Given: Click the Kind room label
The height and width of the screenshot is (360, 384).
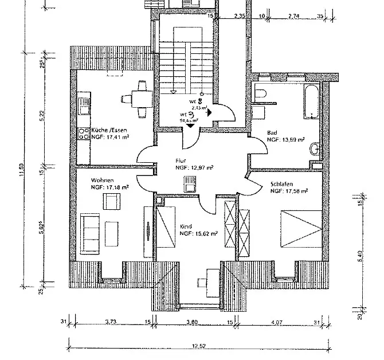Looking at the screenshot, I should point(185,226).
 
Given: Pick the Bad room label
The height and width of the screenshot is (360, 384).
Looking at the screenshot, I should point(272,132).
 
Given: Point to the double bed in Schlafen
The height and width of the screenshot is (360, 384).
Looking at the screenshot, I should point(301,227).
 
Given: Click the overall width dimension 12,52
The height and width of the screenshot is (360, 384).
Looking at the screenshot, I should point(199,346).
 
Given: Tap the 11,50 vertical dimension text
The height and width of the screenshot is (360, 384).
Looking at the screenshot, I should point(22,171).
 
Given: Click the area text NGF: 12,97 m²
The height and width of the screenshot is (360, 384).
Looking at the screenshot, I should point(194,168).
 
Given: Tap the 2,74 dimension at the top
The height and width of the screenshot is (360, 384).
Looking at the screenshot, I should point(293,15).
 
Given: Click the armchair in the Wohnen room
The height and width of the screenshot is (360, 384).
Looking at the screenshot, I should point(112,201).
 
